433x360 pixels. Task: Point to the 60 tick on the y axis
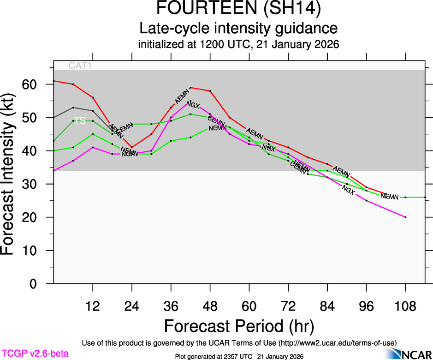tap(30, 84)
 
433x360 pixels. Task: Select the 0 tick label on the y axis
tap(33, 284)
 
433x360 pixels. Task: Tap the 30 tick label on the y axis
tap(30, 184)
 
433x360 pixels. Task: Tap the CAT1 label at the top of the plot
tap(80, 66)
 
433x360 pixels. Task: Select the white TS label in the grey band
tap(80, 120)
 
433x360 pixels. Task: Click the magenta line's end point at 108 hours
tap(405, 217)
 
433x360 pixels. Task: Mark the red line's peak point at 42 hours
tap(190, 87)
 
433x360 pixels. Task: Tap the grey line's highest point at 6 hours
tap(73, 108)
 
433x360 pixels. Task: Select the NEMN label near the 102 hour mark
tap(390, 197)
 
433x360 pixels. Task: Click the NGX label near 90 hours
tap(349, 189)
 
